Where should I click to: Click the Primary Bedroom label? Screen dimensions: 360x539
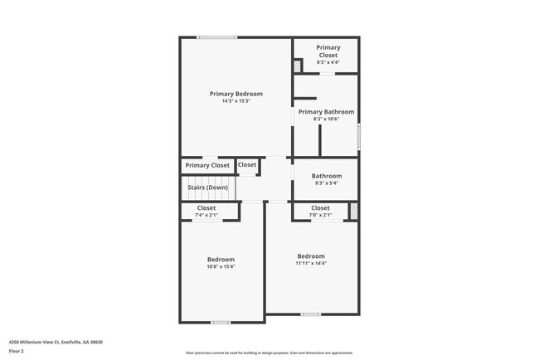click(236, 94)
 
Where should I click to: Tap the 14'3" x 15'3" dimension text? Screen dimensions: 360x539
click(236, 101)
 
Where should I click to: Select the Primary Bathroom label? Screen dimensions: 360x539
click(326, 112)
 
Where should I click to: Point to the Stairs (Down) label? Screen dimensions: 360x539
click(207, 187)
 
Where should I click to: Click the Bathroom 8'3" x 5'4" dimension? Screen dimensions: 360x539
click(327, 183)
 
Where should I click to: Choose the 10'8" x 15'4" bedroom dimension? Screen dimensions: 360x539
click(221, 267)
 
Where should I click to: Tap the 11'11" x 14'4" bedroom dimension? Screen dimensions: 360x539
click(311, 264)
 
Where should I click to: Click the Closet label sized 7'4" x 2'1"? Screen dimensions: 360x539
click(206, 208)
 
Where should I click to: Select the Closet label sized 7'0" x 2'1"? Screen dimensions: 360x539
click(320, 208)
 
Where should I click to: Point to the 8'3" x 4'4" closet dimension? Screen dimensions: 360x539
click(328, 62)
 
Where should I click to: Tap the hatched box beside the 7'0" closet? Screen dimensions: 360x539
click(353, 212)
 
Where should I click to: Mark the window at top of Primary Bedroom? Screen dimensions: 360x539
click(216, 37)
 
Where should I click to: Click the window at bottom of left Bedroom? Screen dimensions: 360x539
click(221, 322)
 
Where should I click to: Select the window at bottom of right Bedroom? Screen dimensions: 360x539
click(311, 314)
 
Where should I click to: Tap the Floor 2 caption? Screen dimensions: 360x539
click(17, 351)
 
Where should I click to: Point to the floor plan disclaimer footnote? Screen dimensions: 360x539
click(269, 353)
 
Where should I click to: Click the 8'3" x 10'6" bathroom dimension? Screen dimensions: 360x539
click(326, 119)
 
